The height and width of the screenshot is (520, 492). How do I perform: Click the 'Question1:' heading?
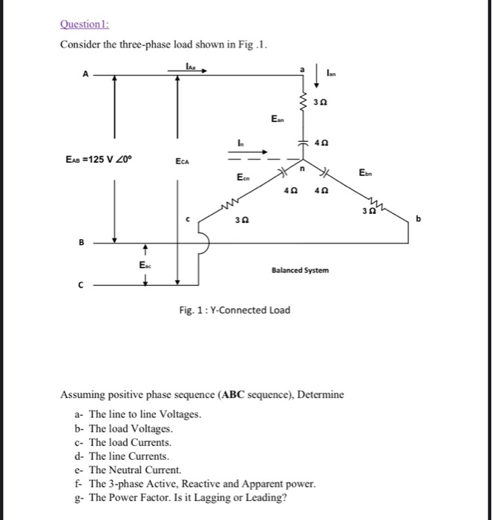pos(83,23)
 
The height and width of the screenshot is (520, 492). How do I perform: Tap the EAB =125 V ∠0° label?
pos(99,159)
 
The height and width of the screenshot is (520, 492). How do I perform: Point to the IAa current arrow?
pos(194,68)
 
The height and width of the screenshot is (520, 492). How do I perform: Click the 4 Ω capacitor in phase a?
pos(304,141)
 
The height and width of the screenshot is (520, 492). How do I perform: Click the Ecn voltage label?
pos(243,178)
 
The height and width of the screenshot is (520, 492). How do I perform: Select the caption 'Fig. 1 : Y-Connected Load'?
pos(234,309)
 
